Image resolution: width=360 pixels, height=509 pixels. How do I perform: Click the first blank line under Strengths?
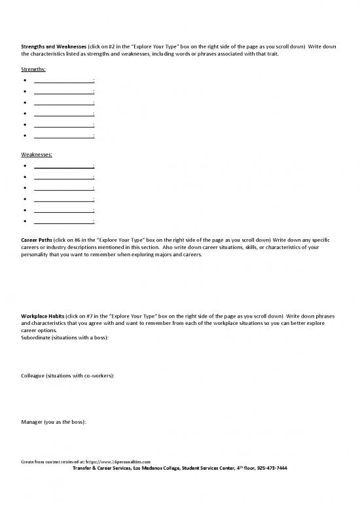click(63, 81)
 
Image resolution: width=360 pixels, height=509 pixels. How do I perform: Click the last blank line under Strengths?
click(63, 136)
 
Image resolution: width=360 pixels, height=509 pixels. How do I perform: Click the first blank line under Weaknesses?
click(63, 166)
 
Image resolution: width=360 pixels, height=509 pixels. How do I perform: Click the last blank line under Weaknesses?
click(63, 222)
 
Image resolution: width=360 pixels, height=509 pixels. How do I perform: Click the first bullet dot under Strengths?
click(24, 80)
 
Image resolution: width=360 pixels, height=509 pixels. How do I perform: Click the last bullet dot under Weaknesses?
click(24, 221)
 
